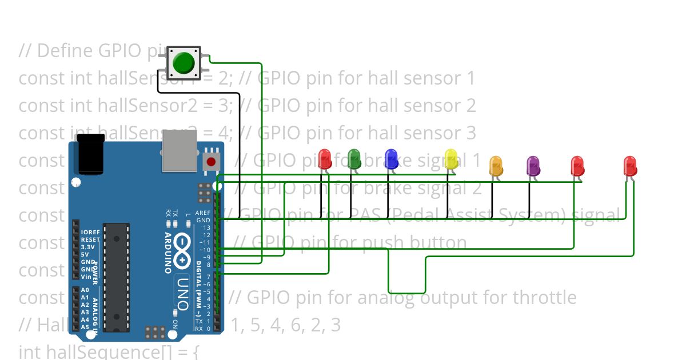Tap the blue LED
pyautogui.click(x=391, y=158)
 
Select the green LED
pyautogui.click(x=354, y=158)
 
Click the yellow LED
pyautogui.click(x=451, y=158)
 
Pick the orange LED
pyautogui.click(x=496, y=166)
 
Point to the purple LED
pyautogui.click(x=533, y=166)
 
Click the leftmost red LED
pyautogui.click(x=325, y=158)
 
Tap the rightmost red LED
pyautogui.click(x=630, y=166)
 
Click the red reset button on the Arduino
pyautogui.click(x=211, y=162)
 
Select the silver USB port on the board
pyautogui.click(x=179, y=150)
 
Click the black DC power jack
pyautogui.click(x=91, y=154)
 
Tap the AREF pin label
pyautogui.click(x=203, y=213)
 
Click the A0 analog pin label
pyautogui.click(x=85, y=290)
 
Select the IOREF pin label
pyautogui.click(x=90, y=233)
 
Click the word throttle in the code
pyautogui.click(x=544, y=298)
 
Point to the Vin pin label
pyautogui.click(x=86, y=277)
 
